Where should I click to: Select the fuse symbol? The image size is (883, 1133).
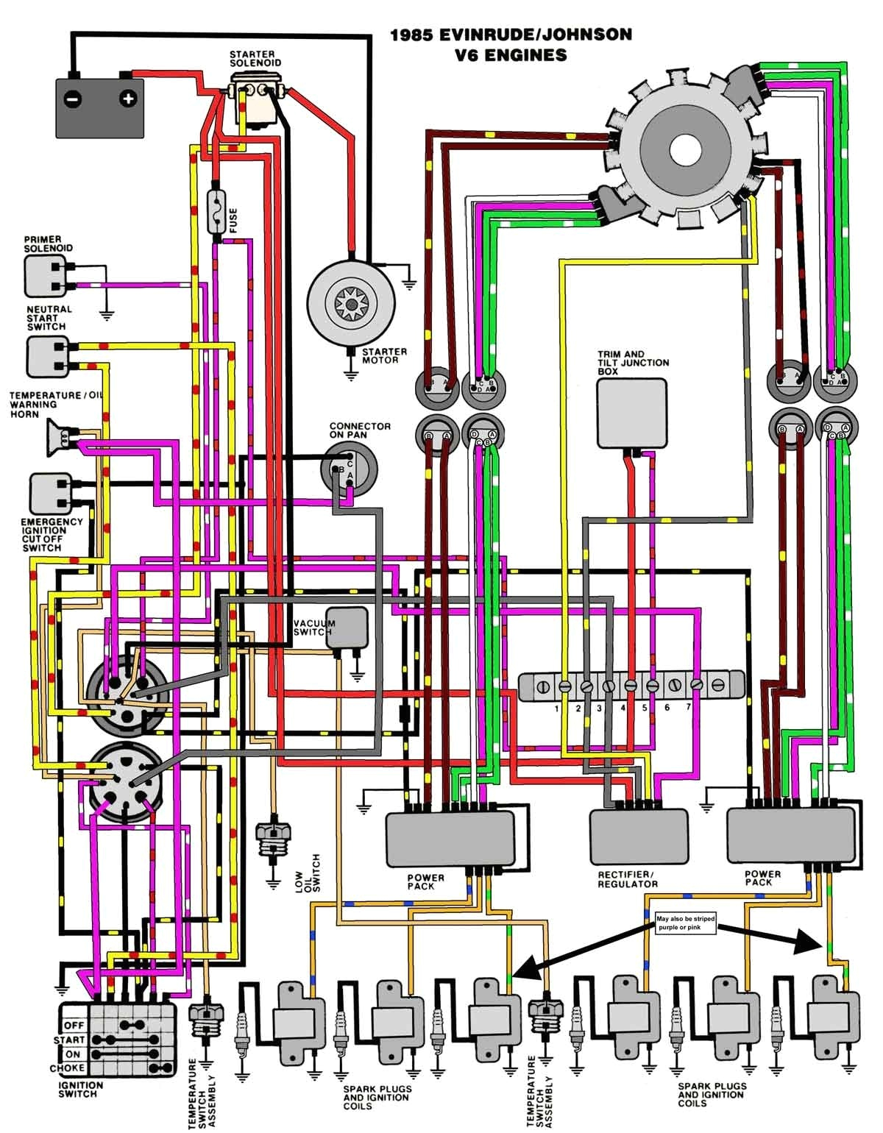click(x=216, y=214)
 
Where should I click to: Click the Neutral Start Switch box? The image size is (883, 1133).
click(x=47, y=355)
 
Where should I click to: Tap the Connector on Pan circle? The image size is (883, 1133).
click(x=349, y=468)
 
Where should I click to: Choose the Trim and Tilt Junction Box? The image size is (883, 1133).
click(x=631, y=413)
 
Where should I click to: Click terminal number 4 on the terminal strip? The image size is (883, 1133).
click(x=631, y=686)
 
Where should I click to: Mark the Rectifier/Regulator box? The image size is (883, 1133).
click(x=639, y=837)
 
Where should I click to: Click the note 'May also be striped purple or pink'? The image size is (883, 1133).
click(x=684, y=924)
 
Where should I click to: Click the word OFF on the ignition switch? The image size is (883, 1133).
click(x=74, y=1025)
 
